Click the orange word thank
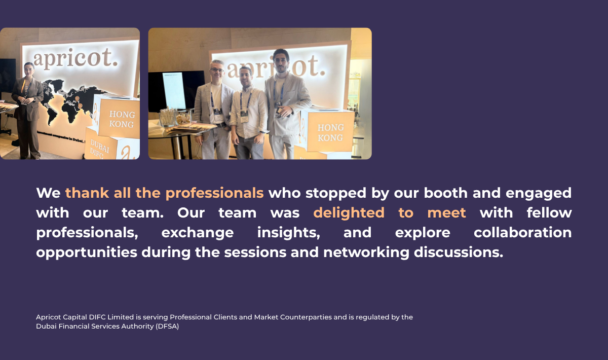(x=87, y=193)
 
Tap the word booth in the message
(x=446, y=193)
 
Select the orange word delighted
(x=349, y=213)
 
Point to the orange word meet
(x=446, y=213)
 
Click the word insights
(x=288, y=233)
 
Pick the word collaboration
(x=522, y=233)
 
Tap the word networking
(x=366, y=253)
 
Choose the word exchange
(x=198, y=233)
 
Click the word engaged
(x=539, y=194)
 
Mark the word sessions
(x=255, y=253)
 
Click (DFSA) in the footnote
(x=167, y=327)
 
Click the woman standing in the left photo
(x=27, y=111)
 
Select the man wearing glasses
(x=214, y=110)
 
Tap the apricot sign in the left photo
(x=75, y=59)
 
